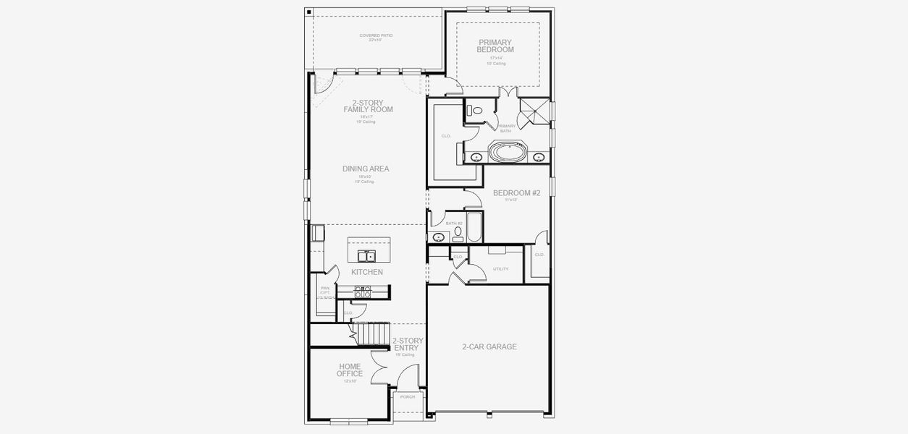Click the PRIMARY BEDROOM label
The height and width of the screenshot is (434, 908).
[x=496, y=46]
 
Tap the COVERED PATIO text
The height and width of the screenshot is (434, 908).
[x=376, y=36]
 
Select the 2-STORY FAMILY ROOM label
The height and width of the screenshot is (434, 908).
[x=368, y=106]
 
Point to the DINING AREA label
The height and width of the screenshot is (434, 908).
[x=366, y=169]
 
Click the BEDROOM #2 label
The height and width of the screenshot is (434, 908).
[x=516, y=193]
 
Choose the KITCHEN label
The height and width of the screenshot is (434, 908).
[x=367, y=272]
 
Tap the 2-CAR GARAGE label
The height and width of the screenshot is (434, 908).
[x=489, y=346]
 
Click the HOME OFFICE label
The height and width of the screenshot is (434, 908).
[x=350, y=370]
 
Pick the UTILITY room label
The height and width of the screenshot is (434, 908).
[x=500, y=268]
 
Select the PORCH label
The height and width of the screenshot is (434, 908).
[x=408, y=396]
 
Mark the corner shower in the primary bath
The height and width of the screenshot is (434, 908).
[x=535, y=111]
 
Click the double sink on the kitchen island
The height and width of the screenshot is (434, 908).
[x=366, y=255]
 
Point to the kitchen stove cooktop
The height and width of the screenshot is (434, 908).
[x=363, y=292]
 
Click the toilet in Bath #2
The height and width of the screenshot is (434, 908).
[x=458, y=234]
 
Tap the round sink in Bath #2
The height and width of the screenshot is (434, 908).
[x=439, y=237]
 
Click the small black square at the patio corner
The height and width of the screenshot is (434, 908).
[x=308, y=12]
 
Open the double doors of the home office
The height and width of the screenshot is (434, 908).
[x=378, y=367]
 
